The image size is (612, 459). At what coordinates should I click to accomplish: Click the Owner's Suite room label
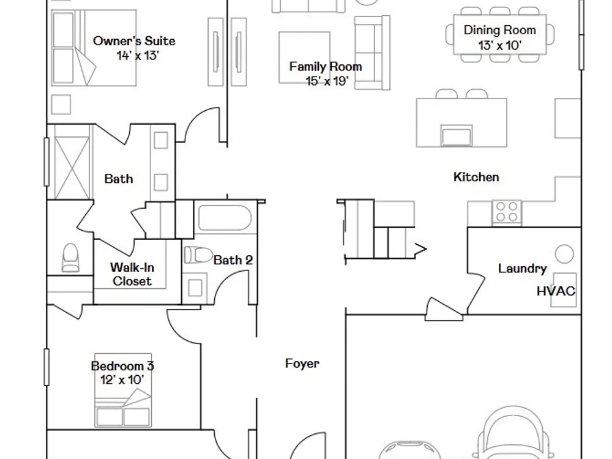pyautogui.click(x=134, y=41)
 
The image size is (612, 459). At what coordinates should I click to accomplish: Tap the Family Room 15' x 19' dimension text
pyautogui.click(x=327, y=81)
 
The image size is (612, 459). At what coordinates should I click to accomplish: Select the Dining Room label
pyautogui.click(x=499, y=30)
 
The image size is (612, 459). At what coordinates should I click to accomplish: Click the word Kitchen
pyautogui.click(x=476, y=177)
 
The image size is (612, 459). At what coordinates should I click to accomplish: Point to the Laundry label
pyautogui.click(x=522, y=269)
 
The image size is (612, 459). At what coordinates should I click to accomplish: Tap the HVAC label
pyautogui.click(x=556, y=291)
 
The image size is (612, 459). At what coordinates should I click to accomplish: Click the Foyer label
pyautogui.click(x=302, y=364)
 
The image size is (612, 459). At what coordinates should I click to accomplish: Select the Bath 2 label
pyautogui.click(x=233, y=260)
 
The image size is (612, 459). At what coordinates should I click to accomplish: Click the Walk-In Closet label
pyautogui.click(x=132, y=274)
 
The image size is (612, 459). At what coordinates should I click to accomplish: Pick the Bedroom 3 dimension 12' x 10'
pyautogui.click(x=122, y=380)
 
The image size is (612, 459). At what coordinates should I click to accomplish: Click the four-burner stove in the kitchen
pyautogui.click(x=507, y=212)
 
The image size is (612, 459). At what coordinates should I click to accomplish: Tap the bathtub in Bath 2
pyautogui.click(x=225, y=218)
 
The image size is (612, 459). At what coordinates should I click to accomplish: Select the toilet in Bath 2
pyautogui.click(x=198, y=255)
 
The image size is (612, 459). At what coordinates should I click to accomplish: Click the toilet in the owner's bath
pyautogui.click(x=70, y=258)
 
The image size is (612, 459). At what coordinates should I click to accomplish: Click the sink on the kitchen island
pyautogui.click(x=457, y=136)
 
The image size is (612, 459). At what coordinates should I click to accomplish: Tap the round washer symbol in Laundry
pyautogui.click(x=564, y=254)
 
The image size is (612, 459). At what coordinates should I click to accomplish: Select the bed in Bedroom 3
pyautogui.click(x=123, y=390)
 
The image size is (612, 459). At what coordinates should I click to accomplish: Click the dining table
pyautogui.click(x=499, y=34)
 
